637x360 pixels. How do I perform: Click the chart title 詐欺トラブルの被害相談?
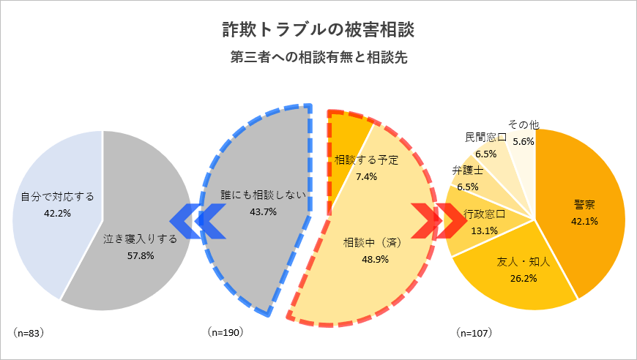[x=318, y=30]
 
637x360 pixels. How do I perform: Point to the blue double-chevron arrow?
[x=197, y=220]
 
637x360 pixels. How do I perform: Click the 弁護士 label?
[x=467, y=171]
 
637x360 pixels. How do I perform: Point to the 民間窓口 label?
[x=485, y=138]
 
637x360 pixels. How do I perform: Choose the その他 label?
[x=523, y=126]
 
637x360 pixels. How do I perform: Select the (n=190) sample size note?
[x=224, y=332]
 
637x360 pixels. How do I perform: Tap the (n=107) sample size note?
[x=474, y=332]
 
